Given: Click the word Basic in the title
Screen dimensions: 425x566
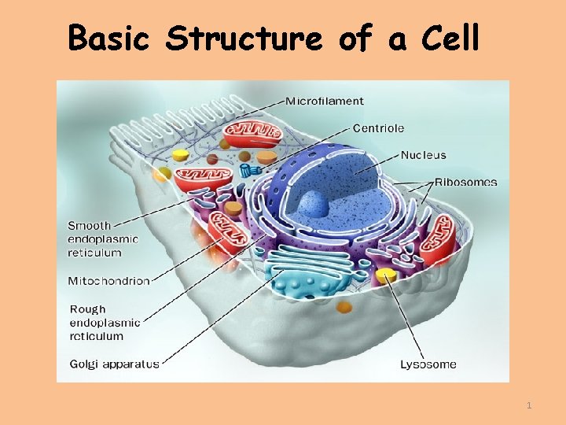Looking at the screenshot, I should click(x=108, y=38).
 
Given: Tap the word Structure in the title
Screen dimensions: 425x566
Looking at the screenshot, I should click(x=244, y=38).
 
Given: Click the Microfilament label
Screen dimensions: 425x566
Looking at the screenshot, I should click(x=324, y=101).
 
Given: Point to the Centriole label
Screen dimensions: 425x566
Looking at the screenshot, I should click(x=378, y=128).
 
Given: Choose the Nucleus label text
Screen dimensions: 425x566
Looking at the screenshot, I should click(x=423, y=155).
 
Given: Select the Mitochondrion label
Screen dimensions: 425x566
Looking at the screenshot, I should click(x=108, y=281).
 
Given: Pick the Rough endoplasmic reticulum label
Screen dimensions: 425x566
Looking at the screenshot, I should click(x=105, y=323).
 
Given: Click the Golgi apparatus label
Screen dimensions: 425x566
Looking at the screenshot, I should click(x=114, y=364).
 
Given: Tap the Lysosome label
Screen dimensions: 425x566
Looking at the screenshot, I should click(x=428, y=364).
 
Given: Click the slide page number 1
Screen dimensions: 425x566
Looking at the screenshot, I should click(x=529, y=405).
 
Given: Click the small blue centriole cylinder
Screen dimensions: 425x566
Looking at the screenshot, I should click(x=250, y=170).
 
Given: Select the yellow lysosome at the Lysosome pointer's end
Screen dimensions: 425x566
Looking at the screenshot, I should click(x=385, y=275).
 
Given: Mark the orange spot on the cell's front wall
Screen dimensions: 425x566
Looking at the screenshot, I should click(x=343, y=304).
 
